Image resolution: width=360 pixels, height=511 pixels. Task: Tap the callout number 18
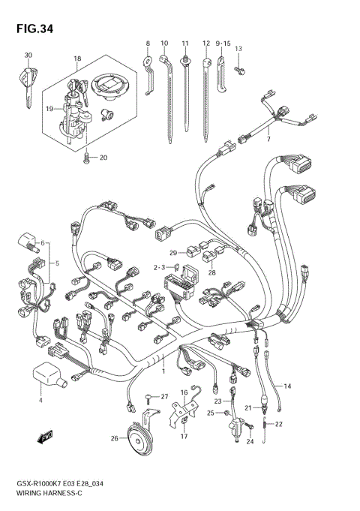click(x=76, y=58)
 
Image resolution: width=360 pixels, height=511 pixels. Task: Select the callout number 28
click(x=211, y=272)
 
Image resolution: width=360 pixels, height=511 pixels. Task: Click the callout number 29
click(x=172, y=252)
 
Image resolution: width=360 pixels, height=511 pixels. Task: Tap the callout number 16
click(x=184, y=392)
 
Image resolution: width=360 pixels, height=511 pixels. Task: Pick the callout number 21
click(x=246, y=407)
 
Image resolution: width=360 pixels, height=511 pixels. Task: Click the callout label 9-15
click(x=223, y=44)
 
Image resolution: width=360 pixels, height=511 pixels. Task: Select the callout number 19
click(x=50, y=109)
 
